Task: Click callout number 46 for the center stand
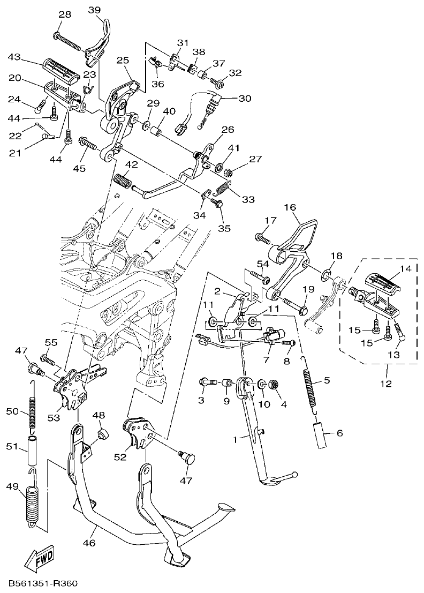(89, 543)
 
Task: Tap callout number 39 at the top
(94, 10)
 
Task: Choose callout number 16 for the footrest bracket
(290, 207)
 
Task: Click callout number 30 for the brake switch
(244, 99)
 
